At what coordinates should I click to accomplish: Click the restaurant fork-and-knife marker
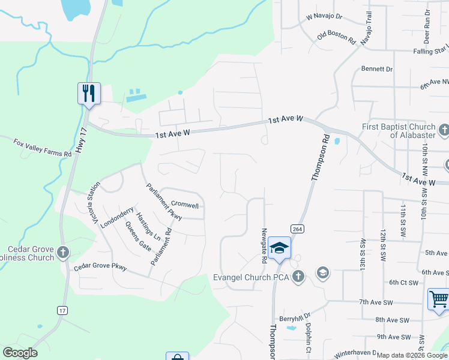click(89, 94)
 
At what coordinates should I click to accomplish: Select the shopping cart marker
click(438, 298)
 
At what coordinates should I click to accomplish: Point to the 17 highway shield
click(62, 310)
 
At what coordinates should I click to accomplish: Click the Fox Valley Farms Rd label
click(43, 147)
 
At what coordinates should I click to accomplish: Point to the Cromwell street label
click(184, 205)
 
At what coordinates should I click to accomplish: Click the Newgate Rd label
click(263, 246)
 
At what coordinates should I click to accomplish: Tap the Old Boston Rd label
click(337, 35)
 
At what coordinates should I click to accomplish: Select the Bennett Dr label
click(377, 69)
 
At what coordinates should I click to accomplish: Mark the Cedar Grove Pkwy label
click(100, 267)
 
